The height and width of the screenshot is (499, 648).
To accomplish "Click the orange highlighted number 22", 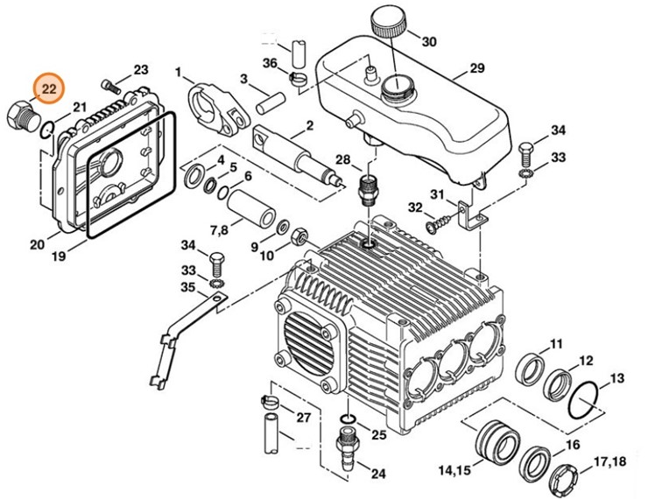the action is point(49,88).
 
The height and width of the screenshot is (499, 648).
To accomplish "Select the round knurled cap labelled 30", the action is point(389,24).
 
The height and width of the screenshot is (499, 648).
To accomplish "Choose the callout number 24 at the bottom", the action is point(377,474).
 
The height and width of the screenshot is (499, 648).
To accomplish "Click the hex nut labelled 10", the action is point(299,237).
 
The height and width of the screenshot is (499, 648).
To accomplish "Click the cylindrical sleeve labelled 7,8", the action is point(251,208).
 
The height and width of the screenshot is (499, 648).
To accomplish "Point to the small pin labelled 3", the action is point(271,103).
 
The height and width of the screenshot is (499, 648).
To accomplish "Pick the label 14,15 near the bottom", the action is point(454,470).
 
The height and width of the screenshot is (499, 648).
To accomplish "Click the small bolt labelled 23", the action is point(110,86).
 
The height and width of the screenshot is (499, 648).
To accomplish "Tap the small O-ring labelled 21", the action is point(46,130).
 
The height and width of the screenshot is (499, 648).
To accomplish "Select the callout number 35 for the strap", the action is point(188,286).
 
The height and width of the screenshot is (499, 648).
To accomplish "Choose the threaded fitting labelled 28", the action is point(368,189).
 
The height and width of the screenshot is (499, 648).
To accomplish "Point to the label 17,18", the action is point(610,462).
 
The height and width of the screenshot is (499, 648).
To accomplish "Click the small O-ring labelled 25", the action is point(349,419).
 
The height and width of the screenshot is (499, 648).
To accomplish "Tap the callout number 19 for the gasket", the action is point(59,256).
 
